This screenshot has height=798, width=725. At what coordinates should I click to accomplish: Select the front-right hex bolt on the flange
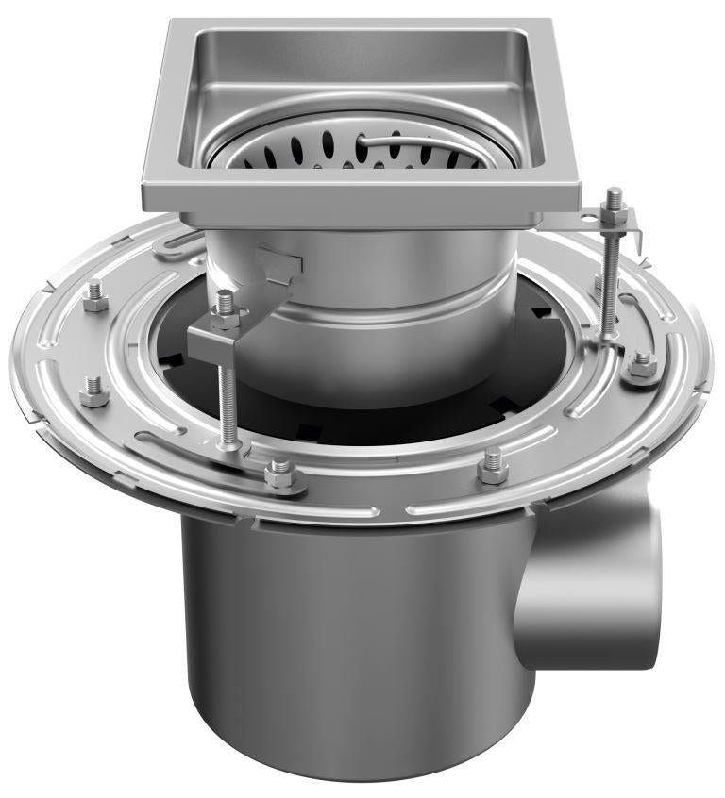point(493,465)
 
